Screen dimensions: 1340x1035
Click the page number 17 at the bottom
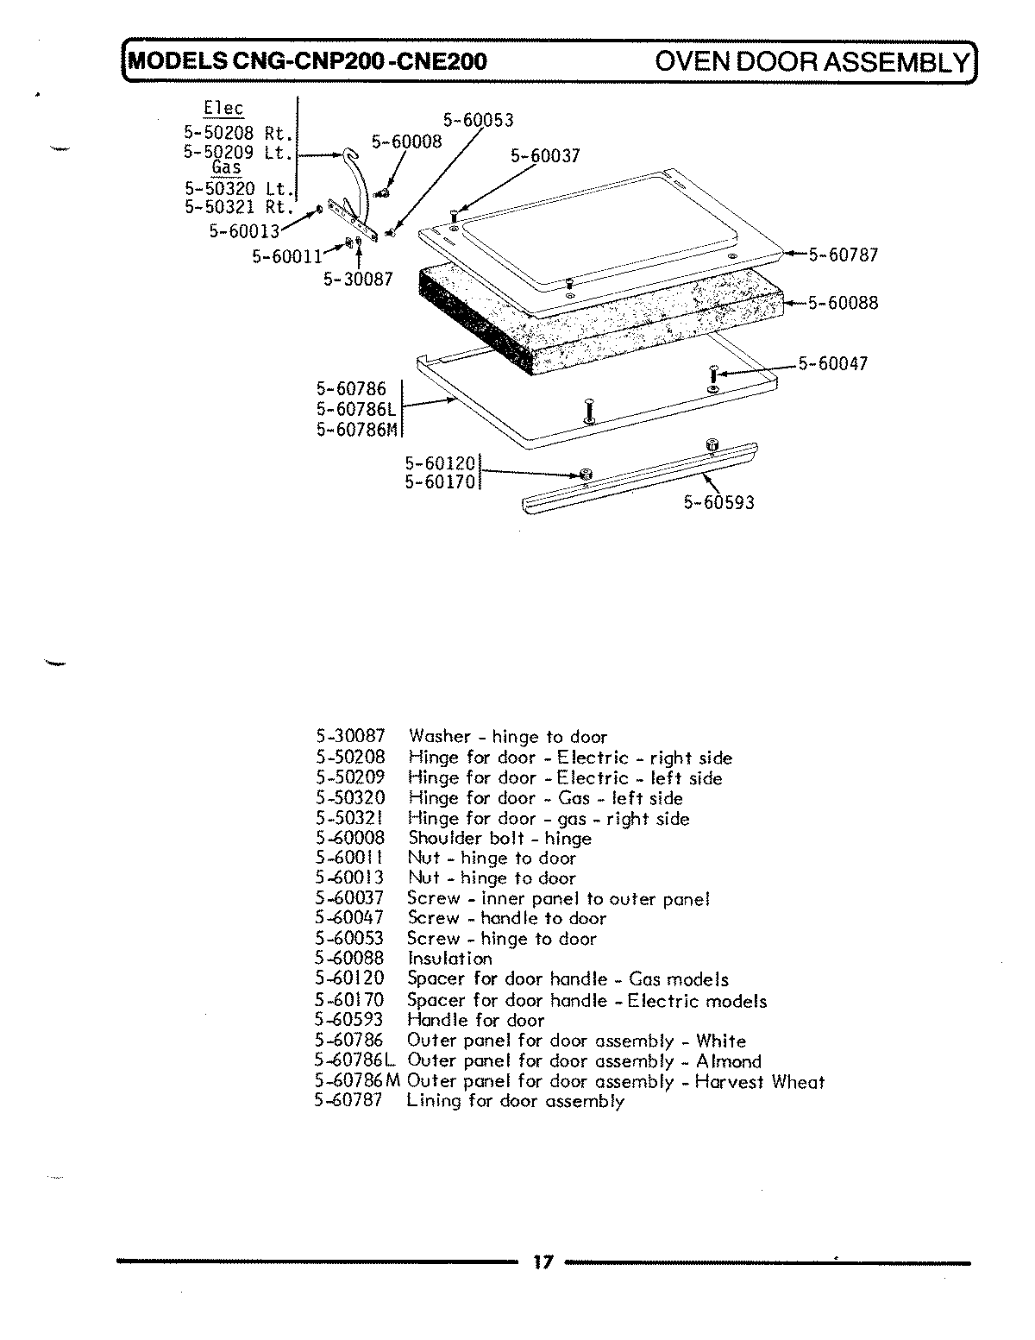[x=542, y=1262]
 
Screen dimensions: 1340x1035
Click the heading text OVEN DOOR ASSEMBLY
[x=811, y=62]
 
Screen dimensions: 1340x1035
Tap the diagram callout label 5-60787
[x=842, y=255]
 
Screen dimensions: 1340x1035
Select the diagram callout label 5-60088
[x=842, y=303]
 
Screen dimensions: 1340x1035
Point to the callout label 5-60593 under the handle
[x=718, y=502]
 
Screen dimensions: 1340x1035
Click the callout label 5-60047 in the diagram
[x=832, y=364]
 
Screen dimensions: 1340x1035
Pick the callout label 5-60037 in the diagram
[x=545, y=156]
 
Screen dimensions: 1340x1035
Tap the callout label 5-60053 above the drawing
[x=478, y=121]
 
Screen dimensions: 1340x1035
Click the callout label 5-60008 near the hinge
[x=406, y=142]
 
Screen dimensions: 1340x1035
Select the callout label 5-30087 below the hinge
[x=359, y=279]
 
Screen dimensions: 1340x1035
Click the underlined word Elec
[x=223, y=109]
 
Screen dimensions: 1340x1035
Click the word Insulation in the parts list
[x=449, y=959]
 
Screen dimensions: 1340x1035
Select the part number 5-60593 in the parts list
[x=349, y=1020]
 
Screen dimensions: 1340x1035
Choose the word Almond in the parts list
[x=729, y=1061]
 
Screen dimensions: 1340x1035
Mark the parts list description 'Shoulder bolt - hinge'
[x=499, y=839]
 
